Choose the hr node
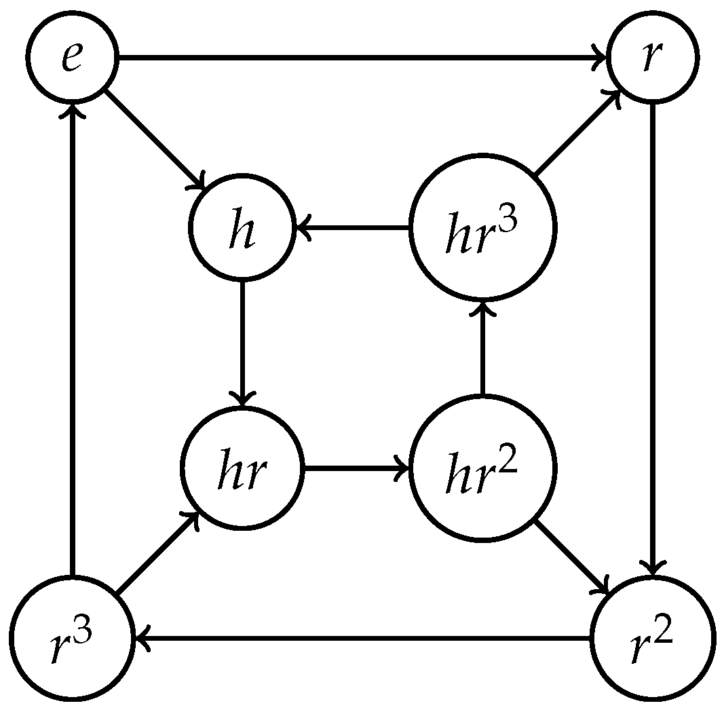[x=242, y=468]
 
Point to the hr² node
[x=482, y=468]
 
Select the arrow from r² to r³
[x=363, y=638]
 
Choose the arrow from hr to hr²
[x=356, y=468]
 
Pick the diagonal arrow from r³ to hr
[x=156, y=555]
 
